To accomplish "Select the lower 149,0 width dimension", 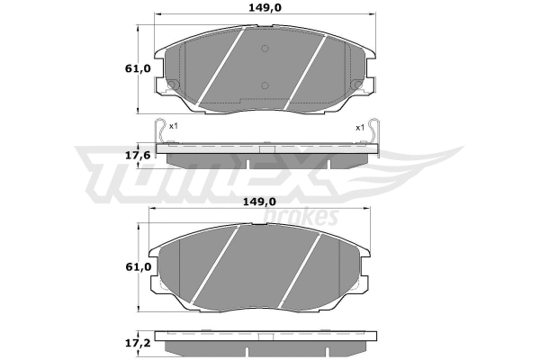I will (x=261, y=202).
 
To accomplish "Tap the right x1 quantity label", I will (x=360, y=127).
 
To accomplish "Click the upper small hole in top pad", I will (x=264, y=49).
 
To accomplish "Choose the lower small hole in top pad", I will (x=264, y=85).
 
